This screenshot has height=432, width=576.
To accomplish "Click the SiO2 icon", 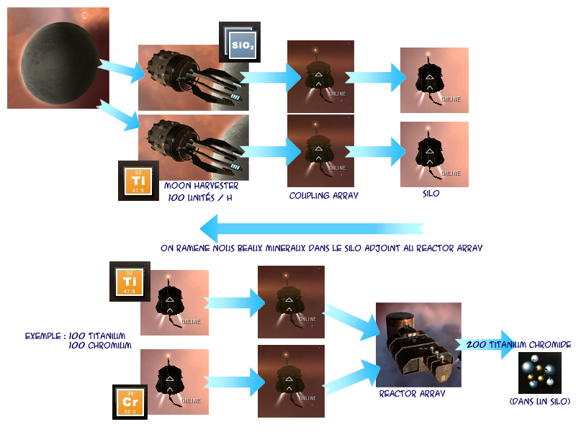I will [240, 42].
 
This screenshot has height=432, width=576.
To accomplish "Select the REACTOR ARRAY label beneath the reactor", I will [412, 394].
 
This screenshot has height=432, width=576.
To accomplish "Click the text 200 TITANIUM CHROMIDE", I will [518, 346].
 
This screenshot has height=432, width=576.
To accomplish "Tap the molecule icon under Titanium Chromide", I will [539, 373].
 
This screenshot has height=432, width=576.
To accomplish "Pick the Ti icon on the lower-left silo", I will [129, 282].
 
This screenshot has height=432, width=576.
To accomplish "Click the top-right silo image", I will [434, 80].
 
